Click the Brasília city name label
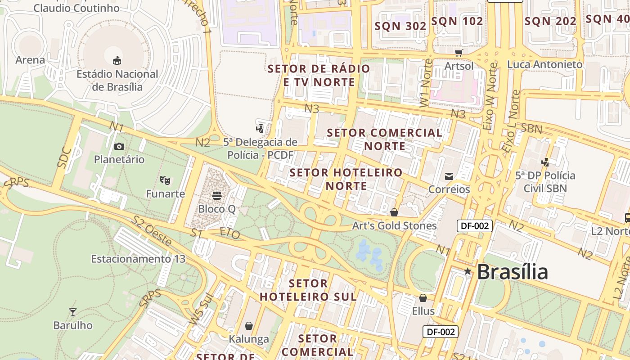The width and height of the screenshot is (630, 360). coord(512,272)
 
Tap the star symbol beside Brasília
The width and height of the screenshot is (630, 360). coord(468,271)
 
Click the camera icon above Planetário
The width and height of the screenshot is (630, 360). coord(119,146)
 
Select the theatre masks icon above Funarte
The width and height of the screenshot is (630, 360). coord(165,180)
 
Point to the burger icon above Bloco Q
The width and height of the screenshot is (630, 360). coord(217,196)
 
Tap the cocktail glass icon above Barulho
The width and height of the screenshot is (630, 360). coord(72,312)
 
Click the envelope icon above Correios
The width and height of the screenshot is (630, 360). coord(449,176)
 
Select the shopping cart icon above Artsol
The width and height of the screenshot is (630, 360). coord(459,53)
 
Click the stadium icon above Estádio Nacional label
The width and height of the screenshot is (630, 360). coord(117,60)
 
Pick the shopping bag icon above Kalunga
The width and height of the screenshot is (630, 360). coord(249,325)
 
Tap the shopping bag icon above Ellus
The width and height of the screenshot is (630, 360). coord(423,298)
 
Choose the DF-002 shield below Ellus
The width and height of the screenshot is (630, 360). coord(441,332)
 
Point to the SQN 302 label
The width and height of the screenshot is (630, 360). coord(400,26)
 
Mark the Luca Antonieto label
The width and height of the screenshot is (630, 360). coord(544,64)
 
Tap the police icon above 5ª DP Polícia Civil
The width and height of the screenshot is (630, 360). coord(545,162)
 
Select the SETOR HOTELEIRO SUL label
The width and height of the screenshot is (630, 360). coord(308,290)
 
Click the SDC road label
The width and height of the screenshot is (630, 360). coord(65,157)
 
